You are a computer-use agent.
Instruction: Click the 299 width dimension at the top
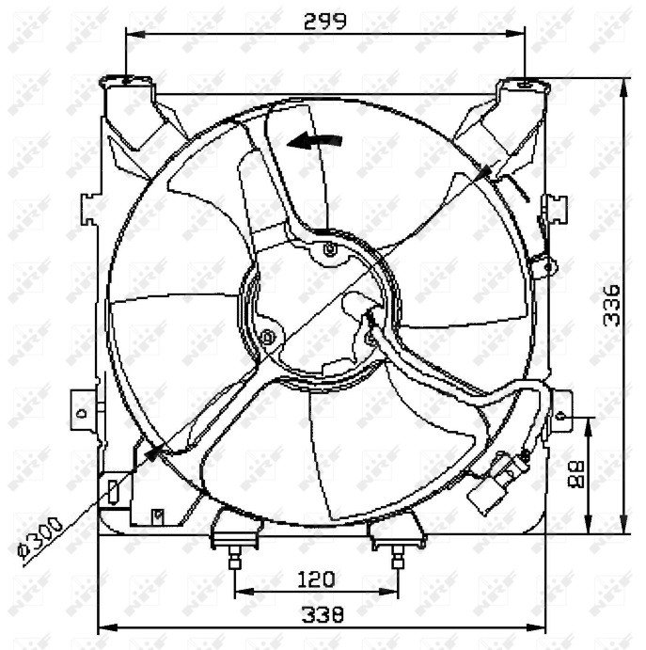[x=325, y=20]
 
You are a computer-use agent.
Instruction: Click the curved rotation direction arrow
[x=315, y=141]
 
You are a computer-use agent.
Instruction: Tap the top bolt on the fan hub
[x=328, y=249]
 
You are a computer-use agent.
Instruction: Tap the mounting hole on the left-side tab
[x=82, y=411]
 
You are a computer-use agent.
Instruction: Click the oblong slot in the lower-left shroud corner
[x=113, y=490]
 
